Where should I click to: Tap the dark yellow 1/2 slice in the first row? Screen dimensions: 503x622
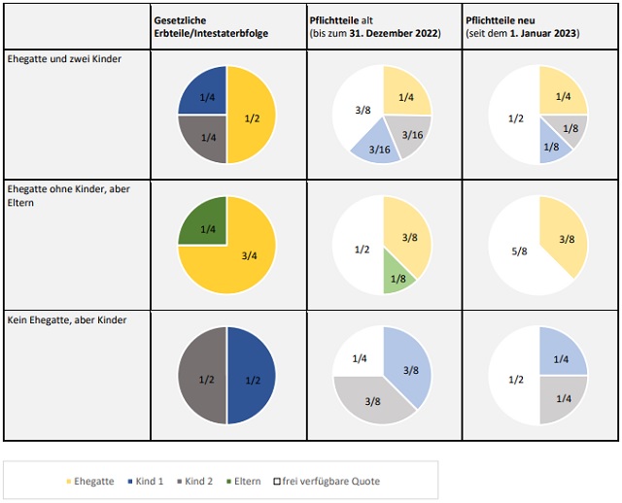coord(252,116)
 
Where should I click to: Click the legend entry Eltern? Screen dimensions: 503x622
coord(247,481)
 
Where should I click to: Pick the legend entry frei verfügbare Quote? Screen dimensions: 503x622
coord(325,481)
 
